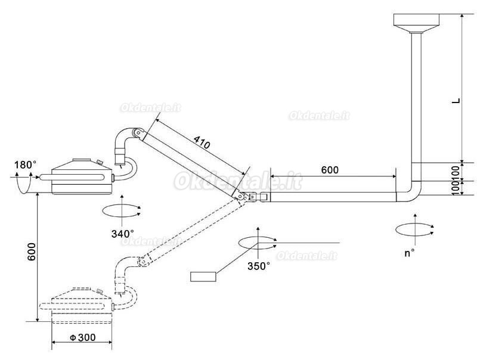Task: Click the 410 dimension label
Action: tap(202, 142)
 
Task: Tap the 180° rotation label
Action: tap(25, 165)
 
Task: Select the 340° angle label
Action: tap(123, 234)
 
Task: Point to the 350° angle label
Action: tap(259, 266)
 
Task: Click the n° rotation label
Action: tap(410, 253)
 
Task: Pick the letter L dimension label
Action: tap(456, 101)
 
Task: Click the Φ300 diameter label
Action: tap(83, 337)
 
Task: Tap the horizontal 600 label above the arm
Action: tap(330, 170)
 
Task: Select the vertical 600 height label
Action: tap(32, 252)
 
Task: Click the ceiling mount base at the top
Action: tap(417, 23)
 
